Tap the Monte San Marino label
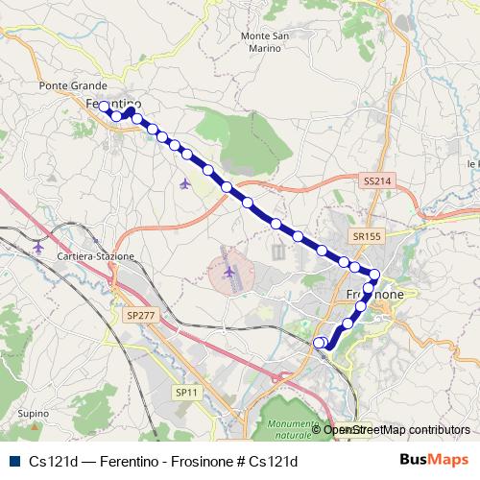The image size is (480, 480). [x=267, y=43]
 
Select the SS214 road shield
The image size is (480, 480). [x=376, y=180]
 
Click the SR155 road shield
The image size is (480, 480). [x=366, y=235]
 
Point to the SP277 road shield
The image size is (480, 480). [x=139, y=314]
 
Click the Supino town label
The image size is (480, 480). [x=33, y=413]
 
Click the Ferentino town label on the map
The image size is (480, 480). [x=113, y=104]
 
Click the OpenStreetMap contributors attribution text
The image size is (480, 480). [x=396, y=430]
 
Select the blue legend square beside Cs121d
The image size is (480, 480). [x=13, y=461]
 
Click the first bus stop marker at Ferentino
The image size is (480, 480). [x=104, y=108]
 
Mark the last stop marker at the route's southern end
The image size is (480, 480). [x=320, y=342]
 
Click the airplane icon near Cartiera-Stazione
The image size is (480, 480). [x=38, y=247]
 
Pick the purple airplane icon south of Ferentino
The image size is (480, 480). [x=185, y=182]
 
